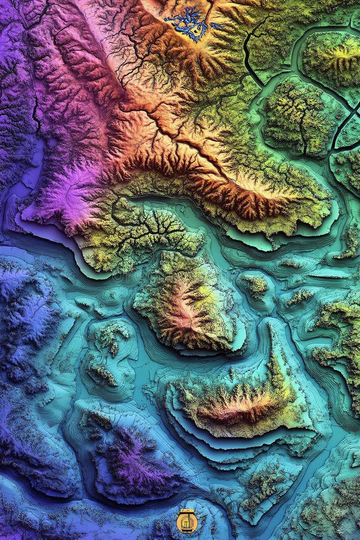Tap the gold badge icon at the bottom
point(187,521)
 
